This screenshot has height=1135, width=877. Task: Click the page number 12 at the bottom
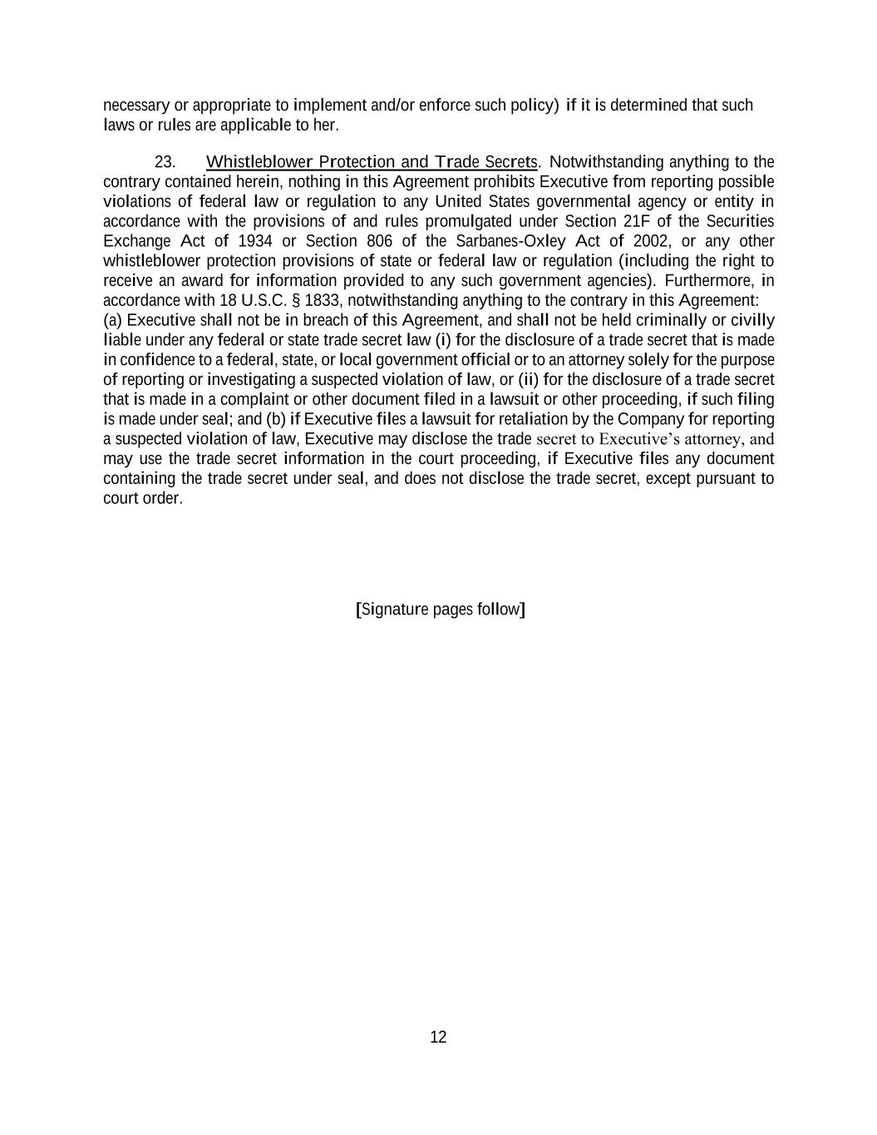(x=438, y=1037)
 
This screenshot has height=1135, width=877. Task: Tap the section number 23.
(x=165, y=161)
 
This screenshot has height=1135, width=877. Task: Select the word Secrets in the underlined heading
(x=510, y=161)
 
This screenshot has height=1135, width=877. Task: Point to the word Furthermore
(x=708, y=280)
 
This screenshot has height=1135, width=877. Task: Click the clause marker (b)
(x=276, y=419)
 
